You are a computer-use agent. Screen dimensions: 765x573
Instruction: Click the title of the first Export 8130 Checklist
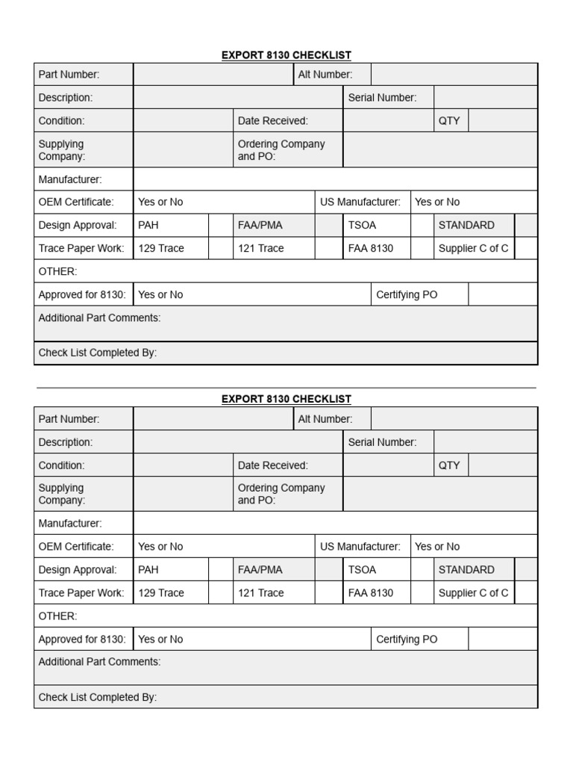286,55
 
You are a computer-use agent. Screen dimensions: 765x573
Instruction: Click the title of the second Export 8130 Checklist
286,399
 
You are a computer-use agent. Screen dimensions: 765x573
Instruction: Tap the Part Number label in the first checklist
69,75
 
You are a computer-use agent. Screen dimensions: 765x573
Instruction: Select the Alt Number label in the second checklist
325,419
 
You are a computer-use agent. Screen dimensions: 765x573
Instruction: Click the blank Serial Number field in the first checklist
485,98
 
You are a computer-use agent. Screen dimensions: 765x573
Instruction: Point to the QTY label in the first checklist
449,121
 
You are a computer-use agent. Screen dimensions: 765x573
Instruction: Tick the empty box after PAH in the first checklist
220,226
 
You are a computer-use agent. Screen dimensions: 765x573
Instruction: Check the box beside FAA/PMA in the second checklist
328,570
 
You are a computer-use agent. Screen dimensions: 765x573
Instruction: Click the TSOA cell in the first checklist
362,226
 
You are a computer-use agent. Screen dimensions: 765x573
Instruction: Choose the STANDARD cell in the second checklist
466,570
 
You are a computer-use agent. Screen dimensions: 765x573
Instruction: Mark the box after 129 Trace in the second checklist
220,593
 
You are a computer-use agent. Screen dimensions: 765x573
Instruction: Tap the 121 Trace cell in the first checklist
261,249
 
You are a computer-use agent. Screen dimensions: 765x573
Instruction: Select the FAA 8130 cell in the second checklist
370,593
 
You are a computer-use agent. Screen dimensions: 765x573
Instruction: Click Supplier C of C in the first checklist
473,249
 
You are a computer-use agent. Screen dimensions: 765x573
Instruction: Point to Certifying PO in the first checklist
407,295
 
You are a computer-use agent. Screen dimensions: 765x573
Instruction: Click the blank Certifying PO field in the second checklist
502,639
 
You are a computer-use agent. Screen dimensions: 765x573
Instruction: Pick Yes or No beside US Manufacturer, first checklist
437,202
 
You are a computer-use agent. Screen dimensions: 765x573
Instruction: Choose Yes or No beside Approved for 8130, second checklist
160,639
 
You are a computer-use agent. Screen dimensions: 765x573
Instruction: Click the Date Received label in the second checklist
272,465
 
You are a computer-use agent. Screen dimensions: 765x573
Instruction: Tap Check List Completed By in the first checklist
98,353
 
